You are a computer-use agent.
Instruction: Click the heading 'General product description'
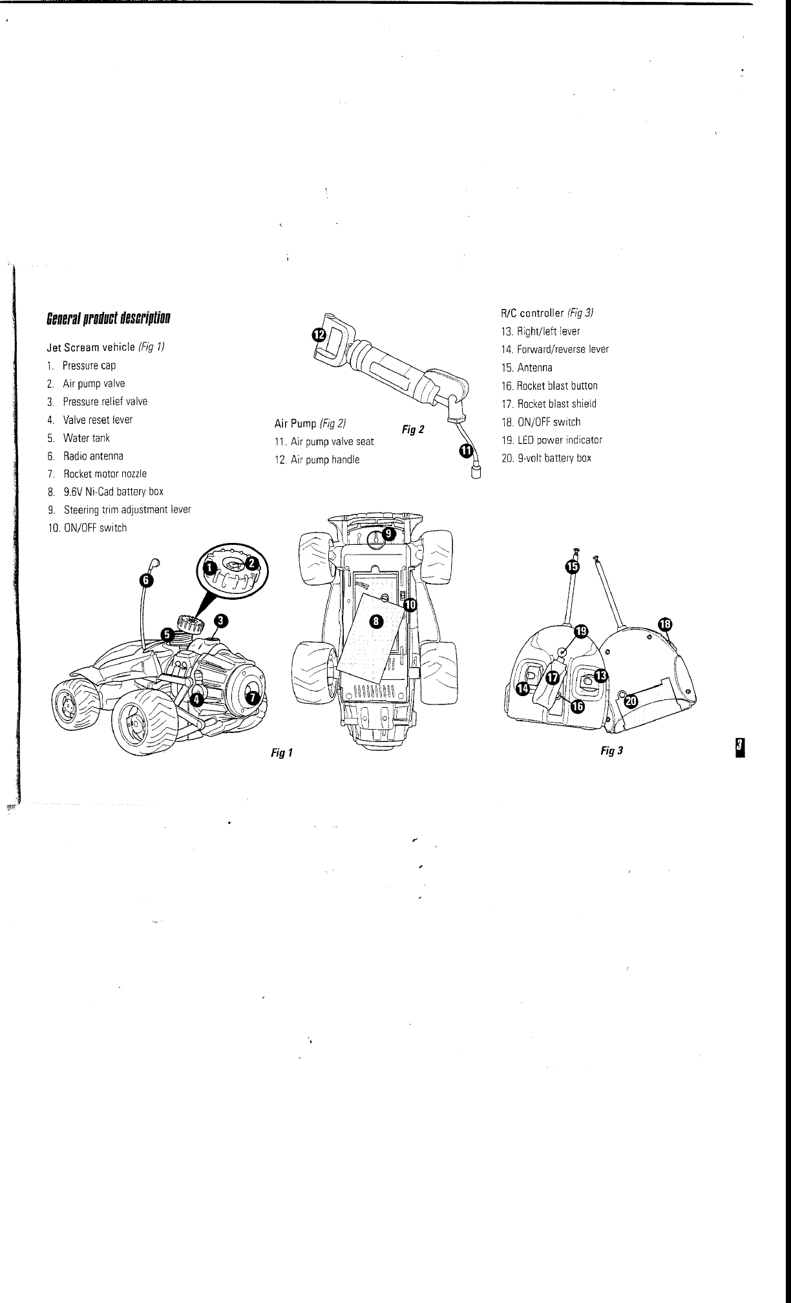click(109, 319)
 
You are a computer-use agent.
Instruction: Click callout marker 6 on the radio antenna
click(147, 580)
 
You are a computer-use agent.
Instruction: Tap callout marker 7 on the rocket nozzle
click(253, 697)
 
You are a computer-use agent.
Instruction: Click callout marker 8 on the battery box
click(376, 622)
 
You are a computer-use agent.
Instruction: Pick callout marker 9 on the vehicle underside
click(387, 534)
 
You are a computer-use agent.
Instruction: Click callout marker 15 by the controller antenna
click(572, 566)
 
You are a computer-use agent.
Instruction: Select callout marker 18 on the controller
click(665, 624)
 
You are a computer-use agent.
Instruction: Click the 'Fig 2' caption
click(413, 429)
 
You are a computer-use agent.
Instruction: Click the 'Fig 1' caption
click(282, 753)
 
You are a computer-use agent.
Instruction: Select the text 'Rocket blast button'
click(556, 386)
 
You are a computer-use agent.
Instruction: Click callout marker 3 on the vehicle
click(220, 621)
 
